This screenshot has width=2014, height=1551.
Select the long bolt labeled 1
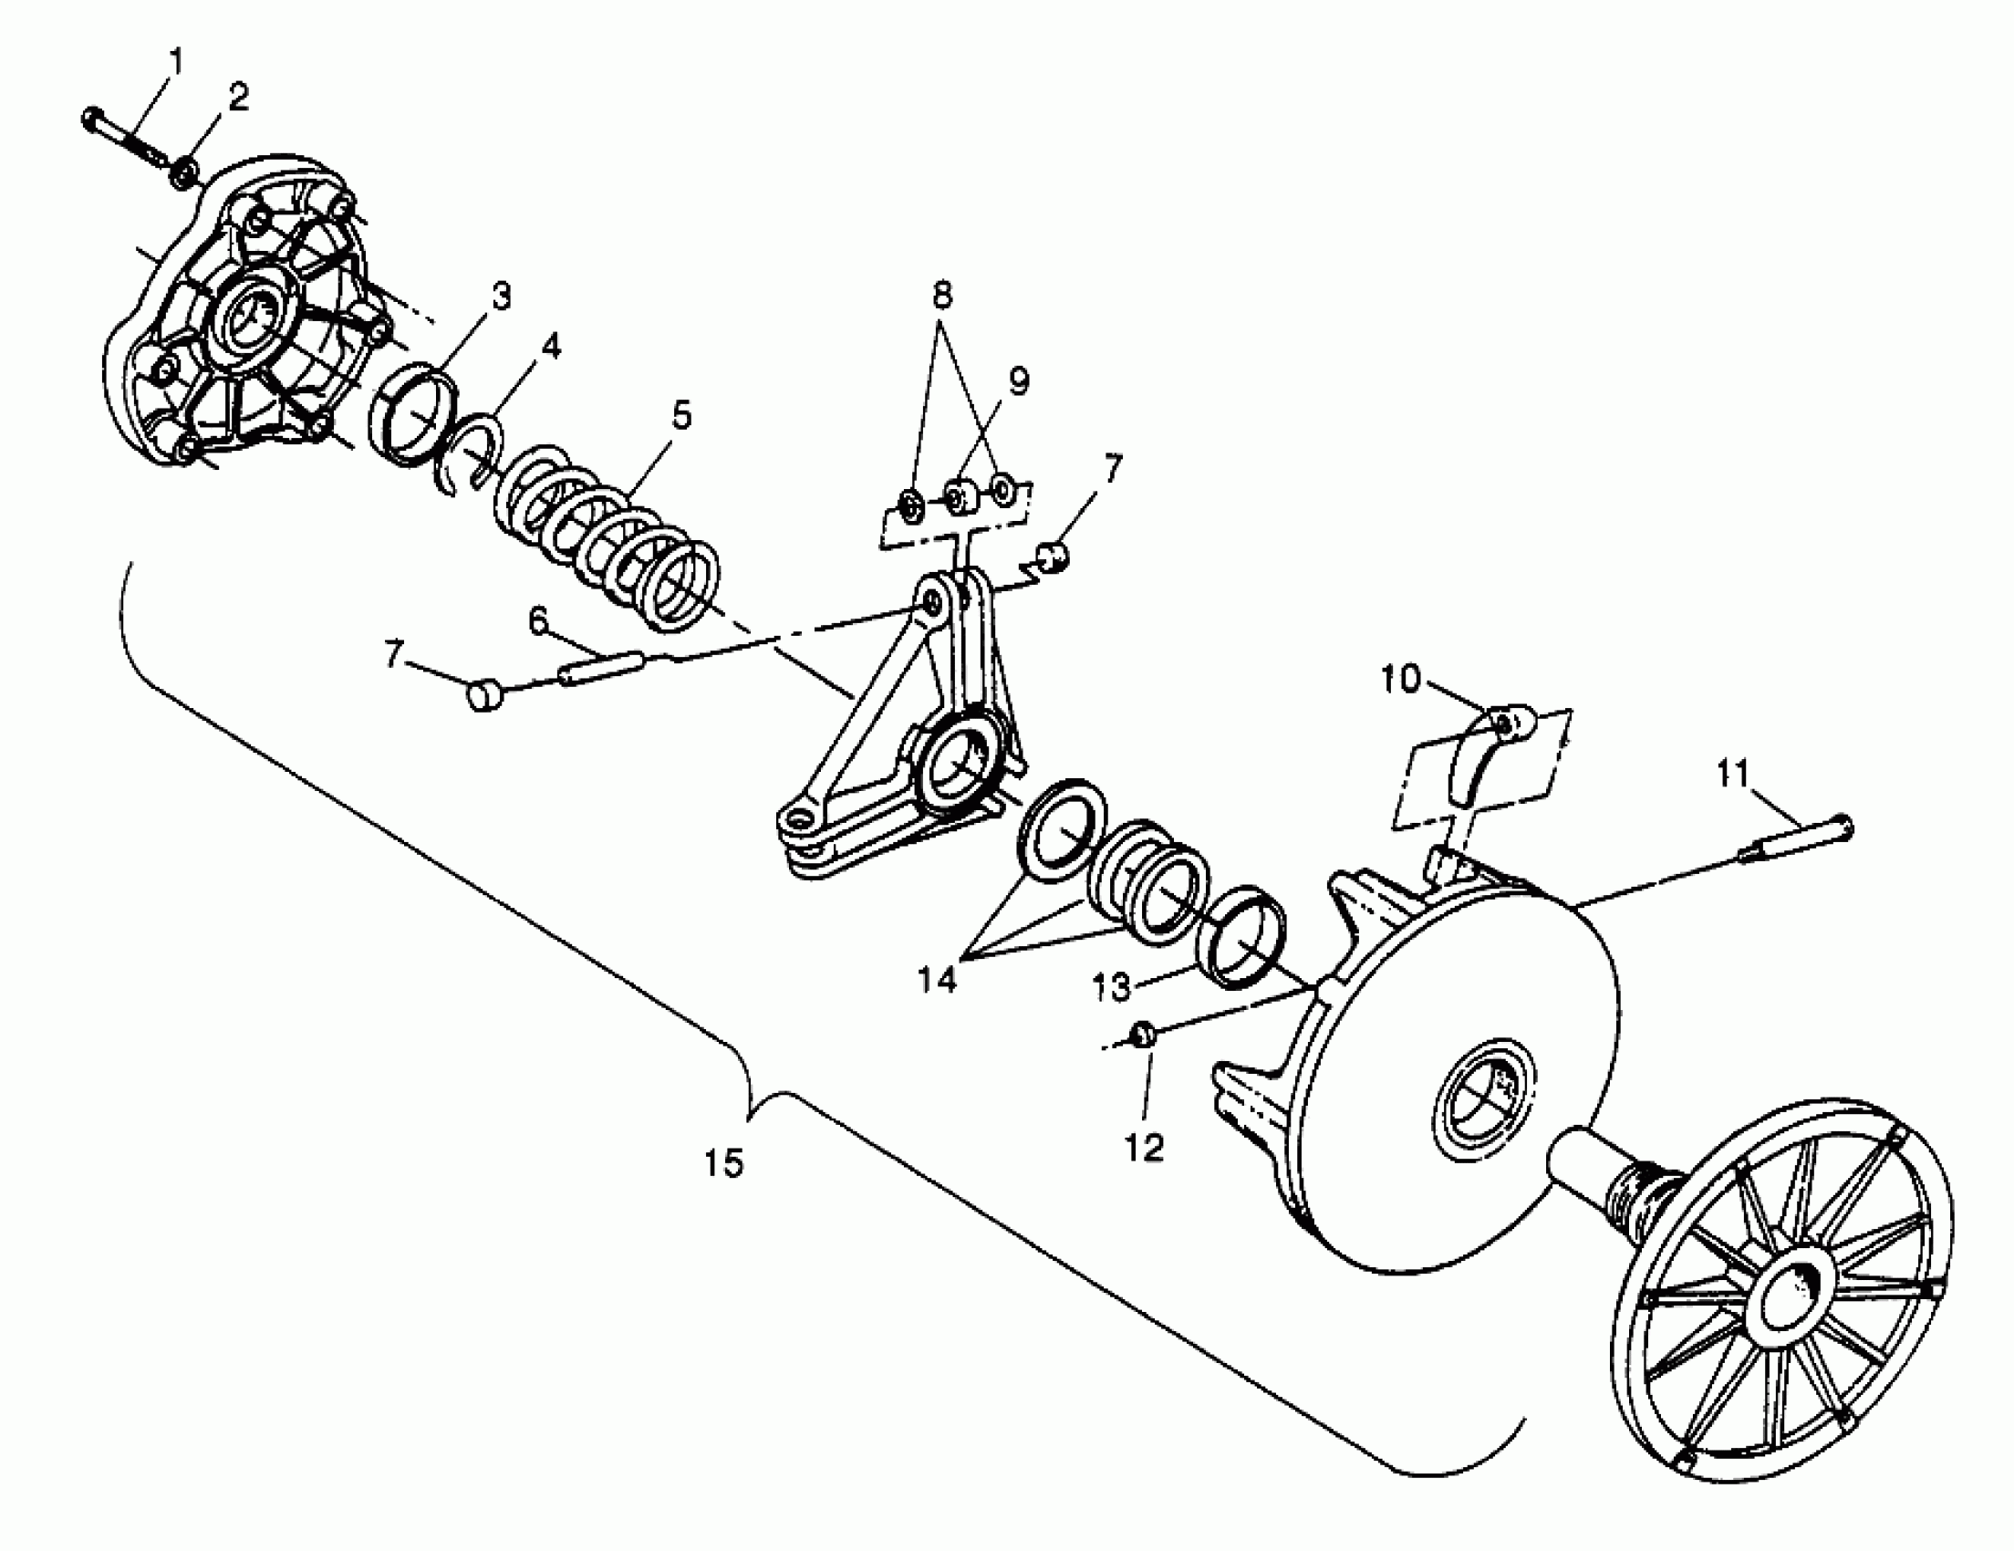click(124, 135)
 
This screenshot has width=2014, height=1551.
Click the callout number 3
click(500, 296)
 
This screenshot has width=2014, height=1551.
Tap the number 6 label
click(539, 620)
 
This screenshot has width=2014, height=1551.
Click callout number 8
click(941, 295)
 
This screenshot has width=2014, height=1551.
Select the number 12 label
click(1145, 1147)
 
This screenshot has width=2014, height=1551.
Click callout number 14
click(937, 979)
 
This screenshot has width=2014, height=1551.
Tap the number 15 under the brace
click(724, 1164)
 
